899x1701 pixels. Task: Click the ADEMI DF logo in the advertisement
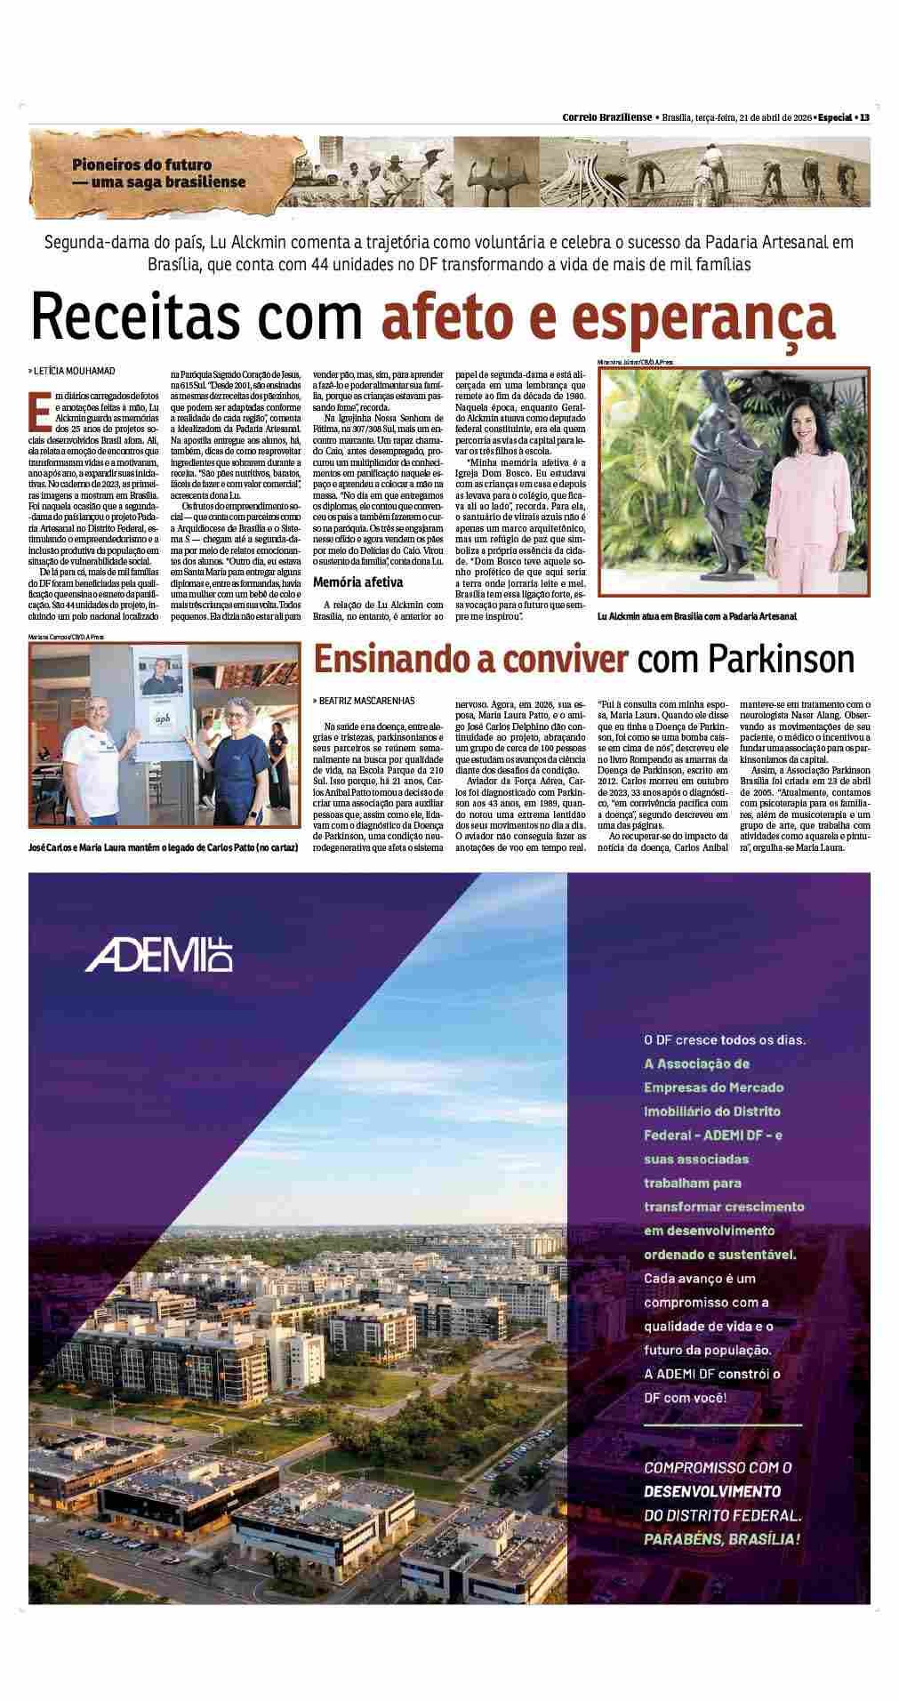pos(158,953)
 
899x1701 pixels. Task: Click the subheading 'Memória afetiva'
pos(358,582)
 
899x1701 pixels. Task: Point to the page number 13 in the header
pos(863,117)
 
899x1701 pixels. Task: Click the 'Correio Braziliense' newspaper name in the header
pos(606,117)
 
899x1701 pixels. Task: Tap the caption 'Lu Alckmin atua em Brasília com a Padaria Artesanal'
pos(697,615)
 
